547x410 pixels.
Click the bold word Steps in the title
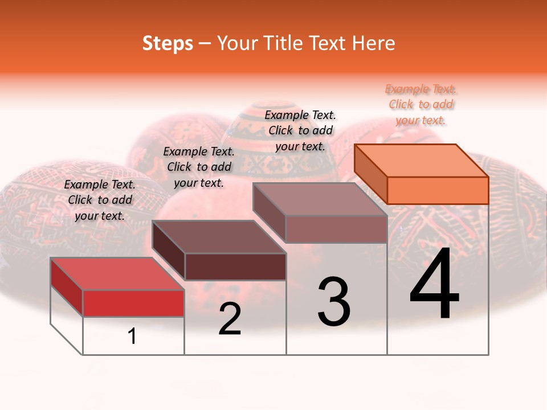168,43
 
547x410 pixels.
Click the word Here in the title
374,43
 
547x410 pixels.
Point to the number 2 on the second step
230,319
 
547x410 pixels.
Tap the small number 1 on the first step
132,336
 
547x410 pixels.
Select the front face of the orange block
438,190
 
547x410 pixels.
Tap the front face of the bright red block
133,303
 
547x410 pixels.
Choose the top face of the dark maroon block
219,236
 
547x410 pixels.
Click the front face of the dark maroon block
235,266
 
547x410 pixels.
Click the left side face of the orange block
370,173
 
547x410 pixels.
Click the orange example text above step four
421,104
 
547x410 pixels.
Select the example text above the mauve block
300,130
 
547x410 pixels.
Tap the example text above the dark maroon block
199,167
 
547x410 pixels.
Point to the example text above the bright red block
100,200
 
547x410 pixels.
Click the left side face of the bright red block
67,286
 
